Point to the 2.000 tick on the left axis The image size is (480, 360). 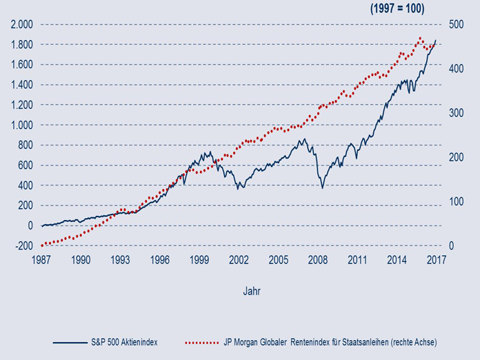(21, 24)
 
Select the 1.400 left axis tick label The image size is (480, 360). (21, 85)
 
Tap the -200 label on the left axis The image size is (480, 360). (23, 246)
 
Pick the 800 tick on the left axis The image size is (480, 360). (25, 145)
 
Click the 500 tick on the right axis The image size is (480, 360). (455, 24)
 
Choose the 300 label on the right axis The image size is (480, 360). (455, 113)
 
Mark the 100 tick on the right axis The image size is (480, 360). (455, 201)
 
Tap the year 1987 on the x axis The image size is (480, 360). (42, 260)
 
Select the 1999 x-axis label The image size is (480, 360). (200, 260)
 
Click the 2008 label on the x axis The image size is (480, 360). (318, 260)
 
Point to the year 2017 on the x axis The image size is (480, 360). (437, 260)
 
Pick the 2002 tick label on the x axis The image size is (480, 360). (239, 260)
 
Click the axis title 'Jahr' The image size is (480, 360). (252, 291)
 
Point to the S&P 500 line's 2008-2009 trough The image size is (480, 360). (322, 187)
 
